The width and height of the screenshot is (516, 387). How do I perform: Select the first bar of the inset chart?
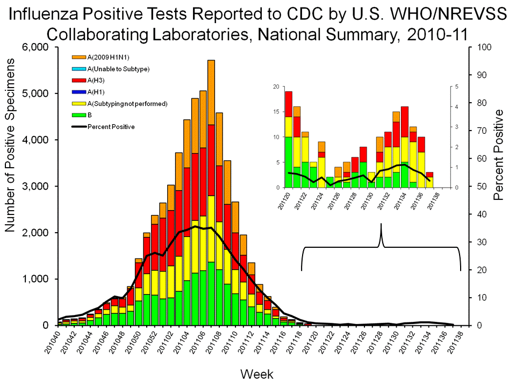pyautogui.click(x=289, y=140)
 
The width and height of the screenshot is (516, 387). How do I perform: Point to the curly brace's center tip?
pyautogui.click(x=382, y=225)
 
